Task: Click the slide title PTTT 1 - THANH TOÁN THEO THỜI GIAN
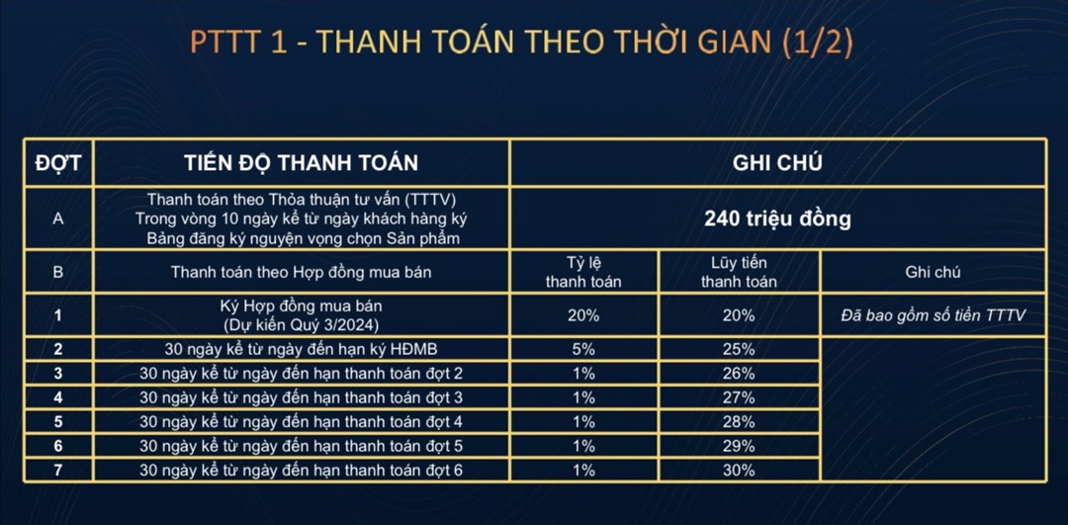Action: coord(521,43)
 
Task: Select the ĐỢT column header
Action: coord(58,163)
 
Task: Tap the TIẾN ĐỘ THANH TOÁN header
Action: coord(301,163)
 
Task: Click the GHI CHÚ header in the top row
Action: coord(777,163)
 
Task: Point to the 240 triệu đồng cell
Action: coord(777,219)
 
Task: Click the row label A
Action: coord(58,219)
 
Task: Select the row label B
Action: coord(58,272)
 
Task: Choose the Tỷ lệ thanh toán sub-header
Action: coord(583,272)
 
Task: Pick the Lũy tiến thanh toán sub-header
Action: coord(739,272)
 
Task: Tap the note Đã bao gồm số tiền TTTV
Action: coord(933,315)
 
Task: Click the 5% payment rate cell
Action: coord(583,350)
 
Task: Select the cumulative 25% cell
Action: coord(739,350)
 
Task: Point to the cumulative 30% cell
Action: coord(739,470)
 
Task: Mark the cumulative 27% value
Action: coord(739,397)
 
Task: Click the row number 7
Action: coord(58,470)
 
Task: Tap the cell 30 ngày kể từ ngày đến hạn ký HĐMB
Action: coord(301,350)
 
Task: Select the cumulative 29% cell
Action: coord(739,446)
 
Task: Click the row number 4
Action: coord(58,397)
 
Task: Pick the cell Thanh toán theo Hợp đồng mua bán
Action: coord(301,272)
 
